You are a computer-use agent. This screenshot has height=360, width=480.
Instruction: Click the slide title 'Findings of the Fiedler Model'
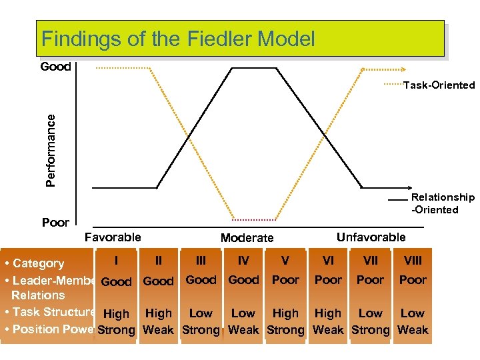[x=178, y=39]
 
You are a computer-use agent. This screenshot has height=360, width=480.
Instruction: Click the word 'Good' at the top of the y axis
[x=56, y=67]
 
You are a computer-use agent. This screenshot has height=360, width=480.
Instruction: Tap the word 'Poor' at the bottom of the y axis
[x=55, y=223]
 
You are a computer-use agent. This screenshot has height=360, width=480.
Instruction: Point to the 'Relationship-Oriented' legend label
[x=442, y=203]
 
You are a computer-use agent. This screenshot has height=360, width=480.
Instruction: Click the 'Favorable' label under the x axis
[x=113, y=237]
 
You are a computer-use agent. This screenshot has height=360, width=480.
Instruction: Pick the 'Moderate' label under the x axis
[x=247, y=238]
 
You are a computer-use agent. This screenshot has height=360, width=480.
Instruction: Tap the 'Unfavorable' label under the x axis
[x=371, y=237]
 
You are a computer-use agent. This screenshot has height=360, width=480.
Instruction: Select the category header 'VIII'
[x=413, y=261]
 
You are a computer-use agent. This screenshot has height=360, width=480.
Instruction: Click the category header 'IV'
[x=243, y=261]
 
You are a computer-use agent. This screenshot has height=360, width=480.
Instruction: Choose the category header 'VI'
[x=328, y=261]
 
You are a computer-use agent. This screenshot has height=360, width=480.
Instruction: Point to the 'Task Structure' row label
[x=50, y=312]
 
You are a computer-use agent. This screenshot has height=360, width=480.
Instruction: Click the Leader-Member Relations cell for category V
[x=285, y=280]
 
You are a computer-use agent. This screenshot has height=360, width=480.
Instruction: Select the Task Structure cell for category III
[x=201, y=313]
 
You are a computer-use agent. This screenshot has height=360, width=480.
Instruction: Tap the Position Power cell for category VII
[x=370, y=329]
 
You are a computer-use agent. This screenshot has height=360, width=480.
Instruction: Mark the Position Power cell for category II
[x=158, y=329]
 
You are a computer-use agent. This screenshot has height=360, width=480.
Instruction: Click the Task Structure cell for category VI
[x=328, y=313]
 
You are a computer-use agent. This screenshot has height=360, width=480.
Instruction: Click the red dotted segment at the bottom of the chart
[x=257, y=219]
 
